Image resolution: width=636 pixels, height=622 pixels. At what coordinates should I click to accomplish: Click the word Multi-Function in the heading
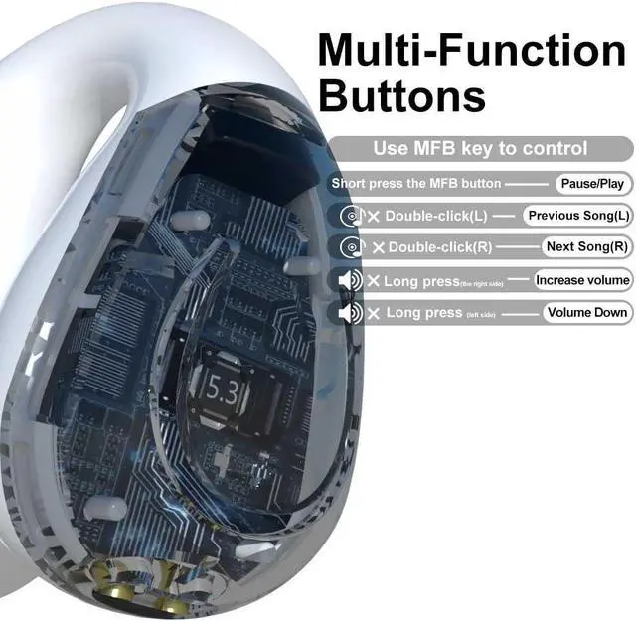tap(471, 51)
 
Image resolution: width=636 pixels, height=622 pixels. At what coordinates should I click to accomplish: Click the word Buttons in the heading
tap(402, 96)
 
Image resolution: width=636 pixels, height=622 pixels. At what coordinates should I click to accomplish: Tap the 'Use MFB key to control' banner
tap(480, 149)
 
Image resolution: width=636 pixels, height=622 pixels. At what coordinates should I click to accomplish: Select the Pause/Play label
tap(591, 184)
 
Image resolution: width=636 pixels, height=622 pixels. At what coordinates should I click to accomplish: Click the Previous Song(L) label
tap(577, 216)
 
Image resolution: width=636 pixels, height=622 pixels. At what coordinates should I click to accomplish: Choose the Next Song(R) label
tap(587, 246)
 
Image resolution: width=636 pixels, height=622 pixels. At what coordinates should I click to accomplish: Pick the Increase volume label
tap(582, 280)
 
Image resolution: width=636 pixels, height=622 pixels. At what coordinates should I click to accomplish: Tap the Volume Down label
tap(587, 312)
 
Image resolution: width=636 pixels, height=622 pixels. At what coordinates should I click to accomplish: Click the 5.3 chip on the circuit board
tap(224, 388)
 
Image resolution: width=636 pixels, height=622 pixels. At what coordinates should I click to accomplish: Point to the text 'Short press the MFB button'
tap(416, 184)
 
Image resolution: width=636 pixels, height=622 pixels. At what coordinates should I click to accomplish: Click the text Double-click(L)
tap(436, 216)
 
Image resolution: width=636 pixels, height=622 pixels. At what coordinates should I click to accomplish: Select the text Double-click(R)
tap(440, 246)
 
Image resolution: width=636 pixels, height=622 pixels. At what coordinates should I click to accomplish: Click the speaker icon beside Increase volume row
tap(349, 281)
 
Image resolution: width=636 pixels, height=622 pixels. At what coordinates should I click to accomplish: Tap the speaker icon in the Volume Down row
tap(349, 313)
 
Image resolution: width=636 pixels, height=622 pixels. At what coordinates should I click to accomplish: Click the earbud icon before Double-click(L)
tap(350, 216)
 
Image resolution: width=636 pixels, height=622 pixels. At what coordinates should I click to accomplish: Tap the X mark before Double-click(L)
tap(374, 216)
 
